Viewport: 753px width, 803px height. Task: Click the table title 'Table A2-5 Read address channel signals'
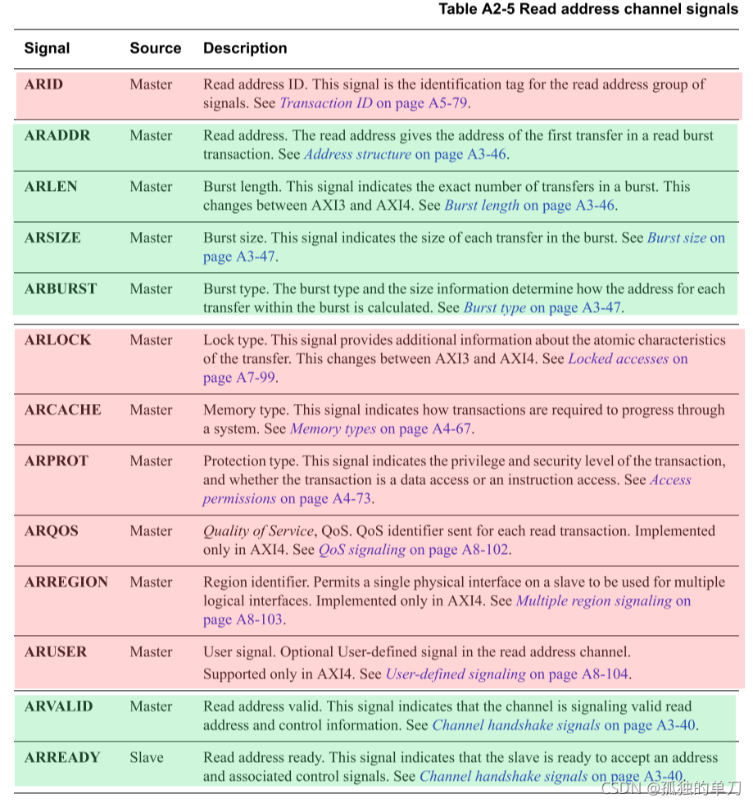(x=587, y=10)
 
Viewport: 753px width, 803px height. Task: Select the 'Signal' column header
(x=47, y=48)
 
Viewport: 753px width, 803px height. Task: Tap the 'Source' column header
(x=155, y=48)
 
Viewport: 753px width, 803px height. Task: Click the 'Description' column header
(x=245, y=48)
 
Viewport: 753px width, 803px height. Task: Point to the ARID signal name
(x=43, y=84)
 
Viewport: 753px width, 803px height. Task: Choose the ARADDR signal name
(x=57, y=136)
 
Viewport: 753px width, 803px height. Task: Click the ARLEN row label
(x=51, y=187)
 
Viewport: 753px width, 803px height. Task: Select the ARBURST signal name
(x=61, y=289)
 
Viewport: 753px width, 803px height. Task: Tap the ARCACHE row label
(x=62, y=410)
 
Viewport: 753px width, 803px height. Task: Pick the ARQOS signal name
(x=52, y=531)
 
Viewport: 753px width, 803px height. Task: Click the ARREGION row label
(x=66, y=583)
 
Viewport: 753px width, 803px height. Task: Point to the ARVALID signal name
(x=59, y=706)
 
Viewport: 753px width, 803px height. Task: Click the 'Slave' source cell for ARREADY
(x=147, y=757)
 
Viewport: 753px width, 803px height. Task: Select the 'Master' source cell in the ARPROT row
(x=151, y=461)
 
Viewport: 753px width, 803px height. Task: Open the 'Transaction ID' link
(x=326, y=103)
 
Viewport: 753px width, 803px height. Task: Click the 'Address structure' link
(x=357, y=154)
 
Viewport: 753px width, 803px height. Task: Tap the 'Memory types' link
(x=333, y=429)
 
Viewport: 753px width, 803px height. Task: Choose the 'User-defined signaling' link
(x=456, y=674)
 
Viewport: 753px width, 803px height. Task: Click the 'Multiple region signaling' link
(x=593, y=601)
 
